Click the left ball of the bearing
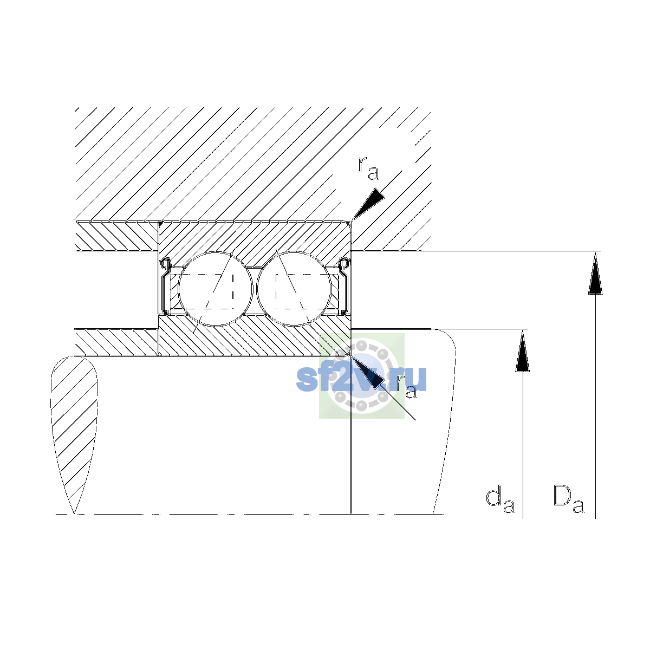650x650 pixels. (x=215, y=289)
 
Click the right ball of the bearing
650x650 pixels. (x=294, y=289)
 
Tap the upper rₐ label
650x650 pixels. (x=369, y=169)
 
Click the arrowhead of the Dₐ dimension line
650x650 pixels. (x=595, y=274)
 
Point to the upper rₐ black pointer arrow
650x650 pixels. (x=368, y=204)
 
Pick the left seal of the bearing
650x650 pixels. (x=165, y=286)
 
